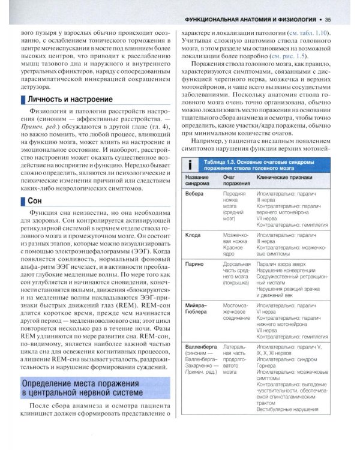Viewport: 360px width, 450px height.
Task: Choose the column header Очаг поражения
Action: click(x=234, y=182)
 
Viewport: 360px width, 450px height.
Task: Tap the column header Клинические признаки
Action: click(x=281, y=179)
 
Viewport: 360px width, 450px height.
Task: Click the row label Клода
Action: click(x=193, y=235)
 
